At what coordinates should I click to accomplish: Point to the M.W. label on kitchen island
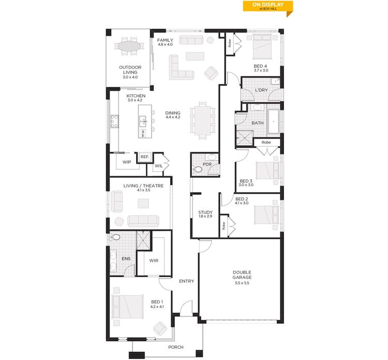point(143,133)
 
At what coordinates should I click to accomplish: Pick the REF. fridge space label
point(144,157)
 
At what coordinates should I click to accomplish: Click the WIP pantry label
point(126,162)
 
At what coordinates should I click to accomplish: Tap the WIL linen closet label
point(158,166)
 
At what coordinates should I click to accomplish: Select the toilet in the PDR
point(197,168)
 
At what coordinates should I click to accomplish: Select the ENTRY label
point(186,281)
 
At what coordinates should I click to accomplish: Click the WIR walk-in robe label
point(154,260)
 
